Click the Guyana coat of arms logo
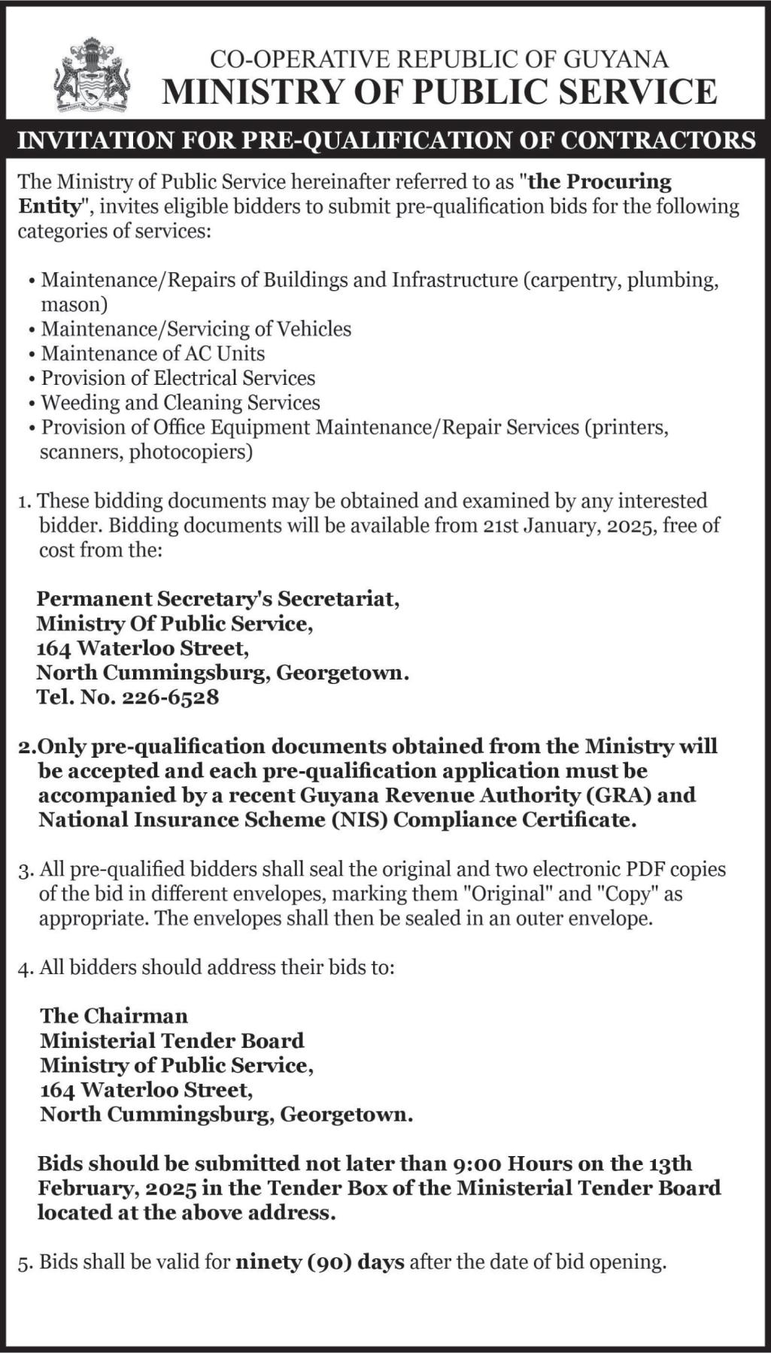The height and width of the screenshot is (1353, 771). pyautogui.click(x=92, y=75)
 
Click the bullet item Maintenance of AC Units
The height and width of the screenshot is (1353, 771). pyautogui.click(x=153, y=353)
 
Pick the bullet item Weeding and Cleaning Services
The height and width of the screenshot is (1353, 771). pyautogui.click(x=181, y=402)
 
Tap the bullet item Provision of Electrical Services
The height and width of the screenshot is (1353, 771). pyautogui.click(x=178, y=377)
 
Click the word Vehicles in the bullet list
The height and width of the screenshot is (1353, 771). pyautogui.click(x=314, y=328)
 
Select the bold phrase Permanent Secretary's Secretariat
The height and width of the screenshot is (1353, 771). pyautogui.click(x=218, y=598)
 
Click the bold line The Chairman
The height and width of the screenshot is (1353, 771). pyautogui.click(x=114, y=1016)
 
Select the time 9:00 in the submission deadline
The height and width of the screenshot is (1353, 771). pyautogui.click(x=478, y=1164)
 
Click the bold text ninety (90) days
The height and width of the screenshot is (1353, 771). pyautogui.click(x=320, y=1261)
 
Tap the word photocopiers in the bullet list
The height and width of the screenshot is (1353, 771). pyautogui.click(x=190, y=452)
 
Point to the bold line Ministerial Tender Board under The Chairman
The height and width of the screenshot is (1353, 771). pyautogui.click(x=172, y=1040)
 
